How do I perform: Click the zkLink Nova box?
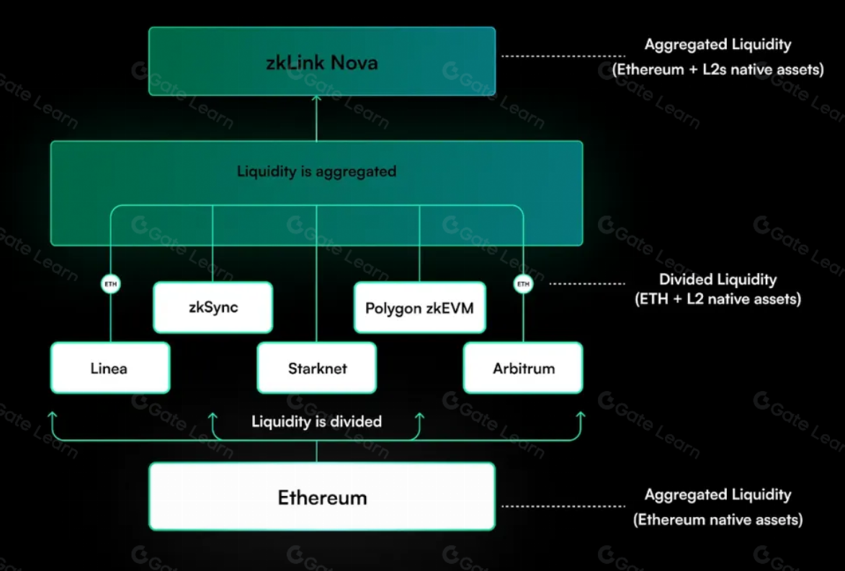[x=322, y=61]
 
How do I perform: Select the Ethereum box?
[x=322, y=497]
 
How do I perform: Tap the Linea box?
[x=109, y=368]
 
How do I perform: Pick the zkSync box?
[x=213, y=307]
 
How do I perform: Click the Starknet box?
[x=317, y=368]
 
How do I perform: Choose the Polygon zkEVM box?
[x=419, y=308]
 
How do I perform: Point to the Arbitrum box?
[x=523, y=368]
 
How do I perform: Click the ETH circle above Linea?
[x=110, y=284]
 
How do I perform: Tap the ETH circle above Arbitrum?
[x=523, y=284]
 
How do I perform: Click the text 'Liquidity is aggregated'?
[x=316, y=172]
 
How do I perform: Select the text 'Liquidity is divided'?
[x=316, y=421]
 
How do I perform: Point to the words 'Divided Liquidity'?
[x=717, y=279]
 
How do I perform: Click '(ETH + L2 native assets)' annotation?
[x=717, y=299]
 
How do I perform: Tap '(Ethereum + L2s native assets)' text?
[x=717, y=70]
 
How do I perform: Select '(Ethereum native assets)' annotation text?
[x=717, y=519]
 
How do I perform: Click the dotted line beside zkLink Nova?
[x=563, y=55]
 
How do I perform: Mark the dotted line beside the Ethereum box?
[x=563, y=506]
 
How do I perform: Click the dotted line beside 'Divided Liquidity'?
[x=587, y=284]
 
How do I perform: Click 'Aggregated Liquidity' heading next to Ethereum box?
[x=717, y=495]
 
